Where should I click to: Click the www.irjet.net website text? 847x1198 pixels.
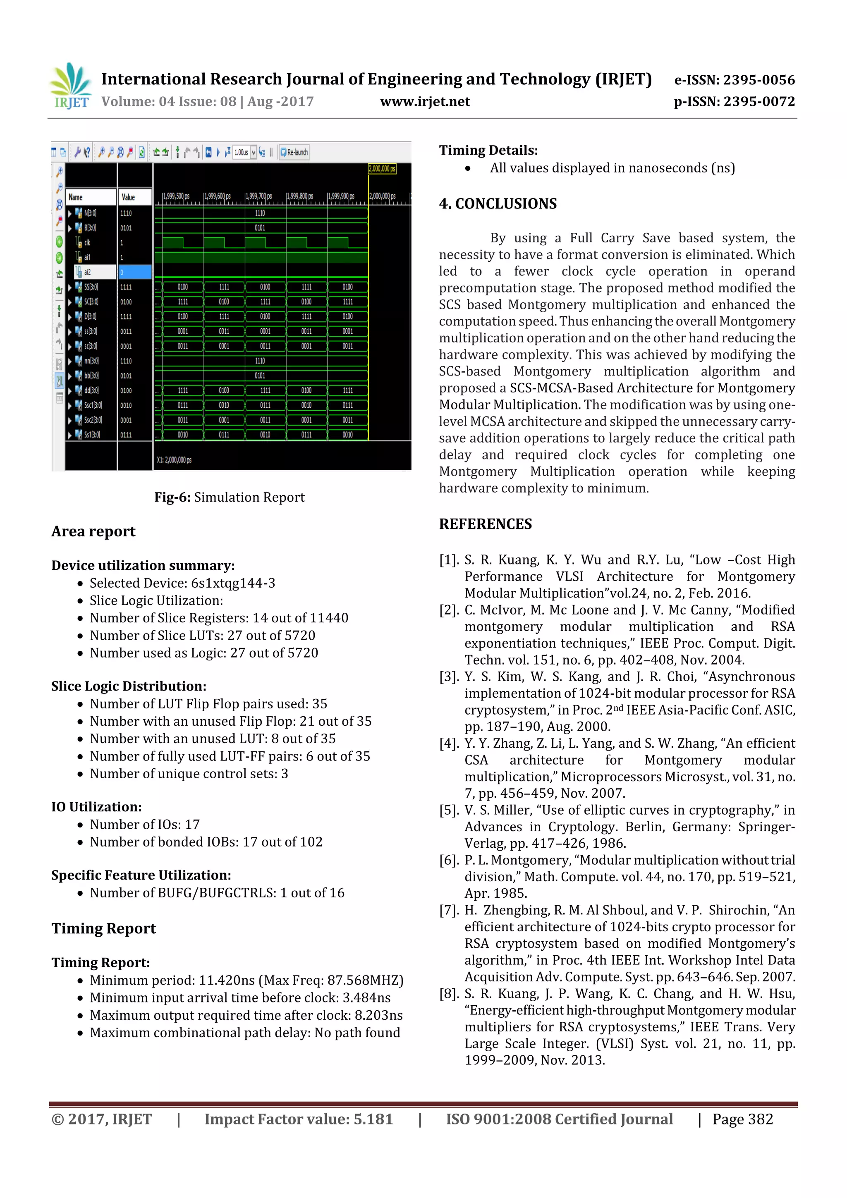[425, 102]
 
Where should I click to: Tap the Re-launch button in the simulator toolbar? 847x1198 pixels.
[294, 152]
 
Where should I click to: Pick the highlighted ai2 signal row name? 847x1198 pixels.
[88, 272]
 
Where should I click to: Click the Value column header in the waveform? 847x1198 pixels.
[128, 197]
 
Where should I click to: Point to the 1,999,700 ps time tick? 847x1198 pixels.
[259, 196]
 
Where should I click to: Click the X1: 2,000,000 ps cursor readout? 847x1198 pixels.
[174, 460]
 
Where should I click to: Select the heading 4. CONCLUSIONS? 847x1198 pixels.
[498, 203]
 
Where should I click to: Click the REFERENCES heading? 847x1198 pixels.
[486, 524]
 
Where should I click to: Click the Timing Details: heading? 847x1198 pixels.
[488, 150]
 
